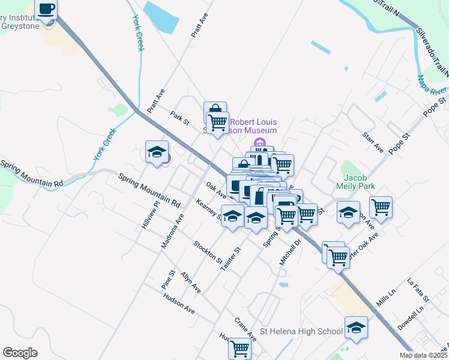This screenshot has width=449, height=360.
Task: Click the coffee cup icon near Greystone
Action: tap(46, 9)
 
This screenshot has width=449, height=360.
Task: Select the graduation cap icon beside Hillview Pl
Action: tap(157, 151)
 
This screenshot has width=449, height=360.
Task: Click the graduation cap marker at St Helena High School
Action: tap(356, 328)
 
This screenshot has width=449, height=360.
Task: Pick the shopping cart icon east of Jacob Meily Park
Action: tap(381, 208)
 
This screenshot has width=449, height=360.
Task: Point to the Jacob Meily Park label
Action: tap(359, 182)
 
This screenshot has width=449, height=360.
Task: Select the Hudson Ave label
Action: tap(179, 305)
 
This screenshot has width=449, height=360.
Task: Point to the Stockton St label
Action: tap(208, 252)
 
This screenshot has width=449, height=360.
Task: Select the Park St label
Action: tap(179, 118)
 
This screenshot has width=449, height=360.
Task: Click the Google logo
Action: tap(20, 353)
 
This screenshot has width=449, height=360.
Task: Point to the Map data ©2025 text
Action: tap(423, 355)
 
